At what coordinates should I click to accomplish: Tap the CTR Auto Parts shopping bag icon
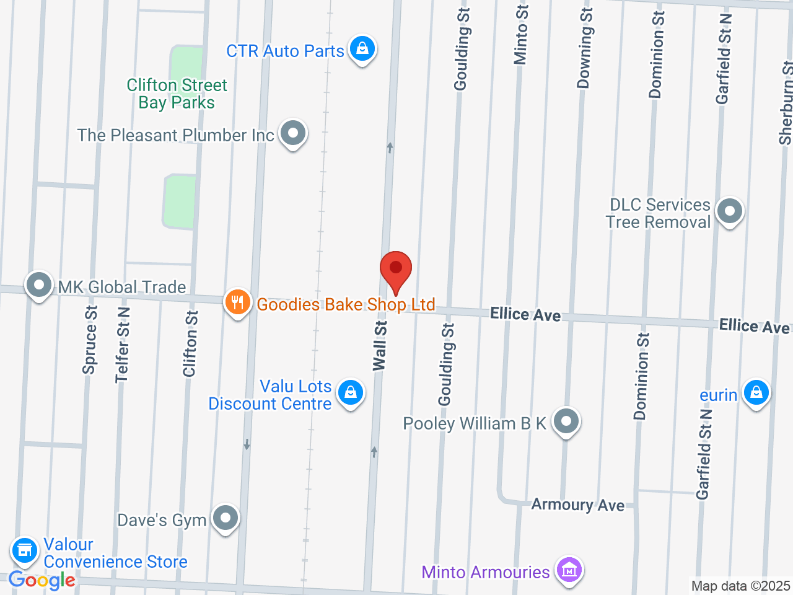(x=362, y=48)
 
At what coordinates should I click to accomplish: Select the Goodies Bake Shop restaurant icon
(x=237, y=302)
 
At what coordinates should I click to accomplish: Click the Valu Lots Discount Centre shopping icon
(x=351, y=392)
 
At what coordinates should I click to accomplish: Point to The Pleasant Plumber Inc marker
(x=293, y=133)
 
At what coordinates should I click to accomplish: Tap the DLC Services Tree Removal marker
(x=729, y=211)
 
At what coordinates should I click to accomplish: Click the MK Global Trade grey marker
(x=40, y=286)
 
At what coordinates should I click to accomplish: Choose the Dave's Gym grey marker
(x=225, y=518)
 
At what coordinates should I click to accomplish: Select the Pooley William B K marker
(x=566, y=422)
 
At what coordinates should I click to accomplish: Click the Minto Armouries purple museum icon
(x=569, y=570)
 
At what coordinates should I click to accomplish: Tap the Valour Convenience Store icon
(x=25, y=550)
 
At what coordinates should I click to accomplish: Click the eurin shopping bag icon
(x=756, y=392)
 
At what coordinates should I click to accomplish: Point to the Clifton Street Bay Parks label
(x=177, y=94)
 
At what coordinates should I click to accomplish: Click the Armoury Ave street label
(x=578, y=505)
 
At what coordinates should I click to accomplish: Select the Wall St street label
(x=380, y=346)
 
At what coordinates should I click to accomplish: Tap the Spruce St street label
(x=90, y=340)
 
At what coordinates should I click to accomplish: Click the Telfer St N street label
(x=123, y=345)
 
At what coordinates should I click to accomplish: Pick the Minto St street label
(x=522, y=34)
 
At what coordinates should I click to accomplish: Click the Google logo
(x=42, y=581)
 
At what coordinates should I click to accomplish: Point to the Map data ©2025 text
(x=740, y=586)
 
